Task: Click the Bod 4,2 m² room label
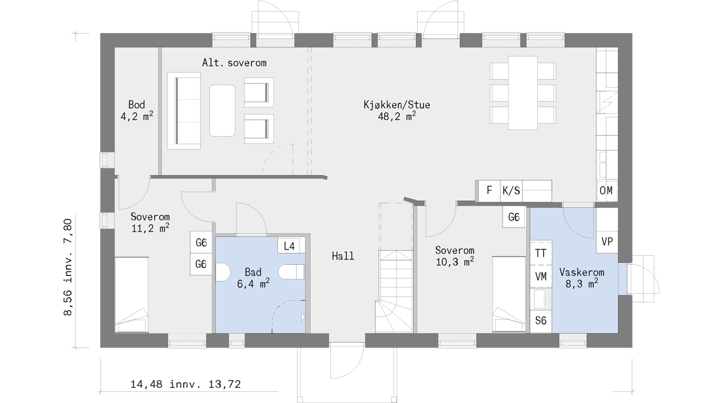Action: (137, 110)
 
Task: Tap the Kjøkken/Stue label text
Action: (397, 105)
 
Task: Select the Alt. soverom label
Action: (234, 63)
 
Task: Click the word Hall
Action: (343, 256)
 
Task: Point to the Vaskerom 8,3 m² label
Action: (581, 278)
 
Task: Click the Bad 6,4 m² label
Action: (253, 278)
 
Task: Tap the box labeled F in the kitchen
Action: (489, 191)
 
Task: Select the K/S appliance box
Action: (511, 191)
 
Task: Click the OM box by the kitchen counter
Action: (606, 191)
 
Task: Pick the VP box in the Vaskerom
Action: (607, 242)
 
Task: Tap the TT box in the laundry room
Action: (541, 253)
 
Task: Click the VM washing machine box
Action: (541, 277)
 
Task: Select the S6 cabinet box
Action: (541, 321)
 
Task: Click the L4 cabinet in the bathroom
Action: (289, 246)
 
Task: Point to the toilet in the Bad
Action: (291, 271)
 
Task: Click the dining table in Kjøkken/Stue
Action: (523, 93)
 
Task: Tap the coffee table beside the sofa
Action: (222, 111)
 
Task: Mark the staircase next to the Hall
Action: (396, 291)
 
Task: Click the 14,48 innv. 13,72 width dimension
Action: (185, 384)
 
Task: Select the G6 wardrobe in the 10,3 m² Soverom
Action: (514, 217)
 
